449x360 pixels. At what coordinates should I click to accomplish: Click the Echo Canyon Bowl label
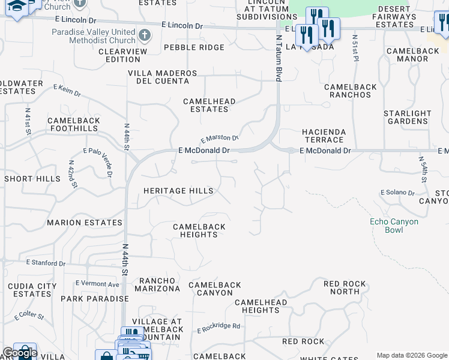click(x=394, y=226)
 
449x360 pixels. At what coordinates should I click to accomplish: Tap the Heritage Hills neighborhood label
click(x=178, y=191)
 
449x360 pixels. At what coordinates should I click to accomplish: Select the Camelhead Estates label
click(x=209, y=106)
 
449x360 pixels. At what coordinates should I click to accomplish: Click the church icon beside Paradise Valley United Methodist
click(x=143, y=35)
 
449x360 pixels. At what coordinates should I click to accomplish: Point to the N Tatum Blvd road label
click(x=279, y=58)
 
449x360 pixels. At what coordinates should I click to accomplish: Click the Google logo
click(x=20, y=353)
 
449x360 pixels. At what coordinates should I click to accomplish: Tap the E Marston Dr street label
click(x=220, y=138)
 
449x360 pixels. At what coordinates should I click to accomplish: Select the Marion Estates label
click(x=85, y=223)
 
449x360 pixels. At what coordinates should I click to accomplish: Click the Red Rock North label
click(x=345, y=288)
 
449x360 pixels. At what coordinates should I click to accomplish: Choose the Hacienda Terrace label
click(x=324, y=136)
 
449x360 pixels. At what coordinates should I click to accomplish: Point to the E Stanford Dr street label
click(x=46, y=263)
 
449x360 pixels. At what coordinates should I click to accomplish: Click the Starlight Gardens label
click(x=408, y=117)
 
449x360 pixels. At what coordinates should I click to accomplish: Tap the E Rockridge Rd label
click(x=218, y=328)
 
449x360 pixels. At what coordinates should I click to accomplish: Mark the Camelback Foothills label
click(x=74, y=124)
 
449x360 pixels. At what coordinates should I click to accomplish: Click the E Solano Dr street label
click(x=397, y=193)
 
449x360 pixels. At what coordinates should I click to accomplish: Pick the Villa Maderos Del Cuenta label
click(x=162, y=77)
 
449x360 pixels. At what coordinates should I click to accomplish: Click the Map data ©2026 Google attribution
click(x=412, y=355)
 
